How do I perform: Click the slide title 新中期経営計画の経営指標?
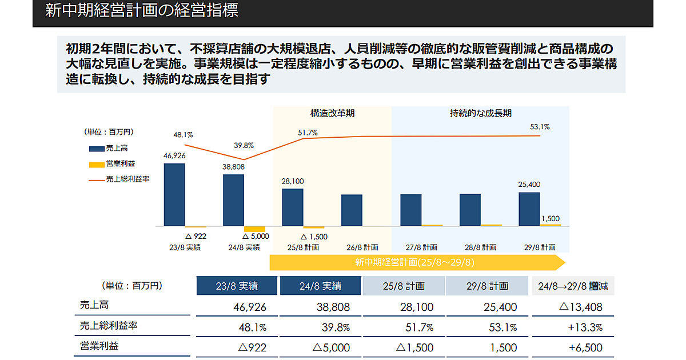tap(141, 11)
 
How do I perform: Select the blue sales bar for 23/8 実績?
tap(174, 195)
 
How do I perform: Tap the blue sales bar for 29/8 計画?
tap(529, 209)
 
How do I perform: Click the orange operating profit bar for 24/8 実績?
tap(254, 229)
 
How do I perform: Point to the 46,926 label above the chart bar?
tap(174, 155)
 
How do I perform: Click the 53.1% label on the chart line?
tap(540, 127)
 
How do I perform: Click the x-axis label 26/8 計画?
tap(362, 247)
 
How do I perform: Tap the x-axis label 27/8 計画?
tap(421, 247)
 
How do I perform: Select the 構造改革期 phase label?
tap(333, 113)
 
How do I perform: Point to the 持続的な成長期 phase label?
tap(481, 113)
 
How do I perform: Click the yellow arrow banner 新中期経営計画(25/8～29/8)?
tap(414, 262)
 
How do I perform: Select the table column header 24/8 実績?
tap(320, 286)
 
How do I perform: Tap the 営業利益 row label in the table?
tap(100, 346)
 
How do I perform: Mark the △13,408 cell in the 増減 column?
tap(580, 307)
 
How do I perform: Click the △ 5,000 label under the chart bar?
tap(256, 235)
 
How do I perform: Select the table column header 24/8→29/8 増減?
tap(573, 286)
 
